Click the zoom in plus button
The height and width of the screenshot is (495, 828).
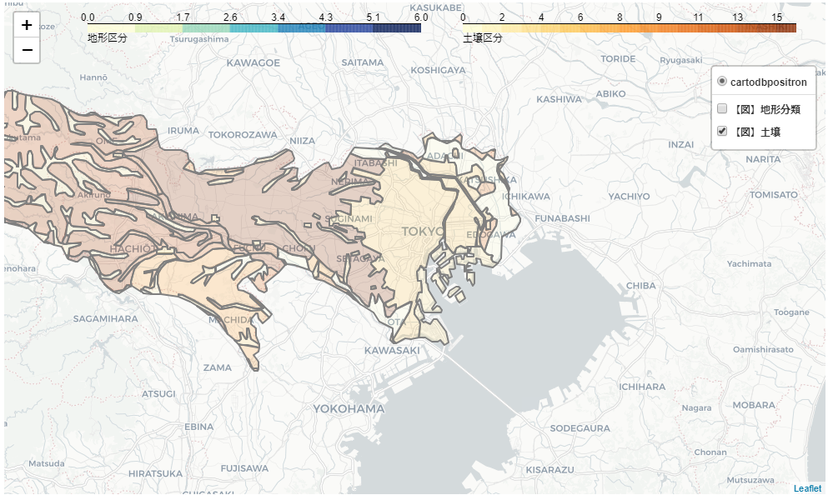click(27, 25)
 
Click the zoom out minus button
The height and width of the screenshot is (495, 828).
click(27, 51)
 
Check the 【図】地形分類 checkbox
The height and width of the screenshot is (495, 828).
click(722, 109)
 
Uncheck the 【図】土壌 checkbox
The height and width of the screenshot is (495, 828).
click(722, 131)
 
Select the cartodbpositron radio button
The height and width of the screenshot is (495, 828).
click(722, 82)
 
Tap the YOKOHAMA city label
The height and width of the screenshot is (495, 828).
click(349, 408)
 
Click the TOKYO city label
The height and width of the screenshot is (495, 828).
click(424, 231)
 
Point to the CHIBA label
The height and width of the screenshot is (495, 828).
click(640, 285)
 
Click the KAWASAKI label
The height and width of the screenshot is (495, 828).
click(392, 350)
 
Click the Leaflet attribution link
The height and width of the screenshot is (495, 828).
click(807, 488)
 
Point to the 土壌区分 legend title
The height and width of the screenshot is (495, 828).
click(483, 38)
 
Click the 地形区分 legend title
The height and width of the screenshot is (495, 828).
click(108, 38)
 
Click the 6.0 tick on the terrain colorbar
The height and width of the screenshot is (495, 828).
click(421, 17)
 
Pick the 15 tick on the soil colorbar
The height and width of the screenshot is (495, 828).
click(777, 17)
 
